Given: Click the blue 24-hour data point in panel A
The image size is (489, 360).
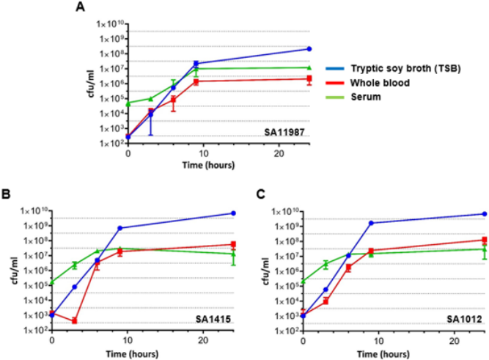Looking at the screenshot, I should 310,49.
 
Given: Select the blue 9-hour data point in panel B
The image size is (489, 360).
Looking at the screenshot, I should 120,228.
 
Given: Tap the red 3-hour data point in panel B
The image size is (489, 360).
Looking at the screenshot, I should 75,320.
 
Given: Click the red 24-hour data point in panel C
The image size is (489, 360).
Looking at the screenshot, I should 484,240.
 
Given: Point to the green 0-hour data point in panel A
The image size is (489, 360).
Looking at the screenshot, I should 128,103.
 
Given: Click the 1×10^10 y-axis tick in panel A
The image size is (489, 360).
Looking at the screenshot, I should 109,22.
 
